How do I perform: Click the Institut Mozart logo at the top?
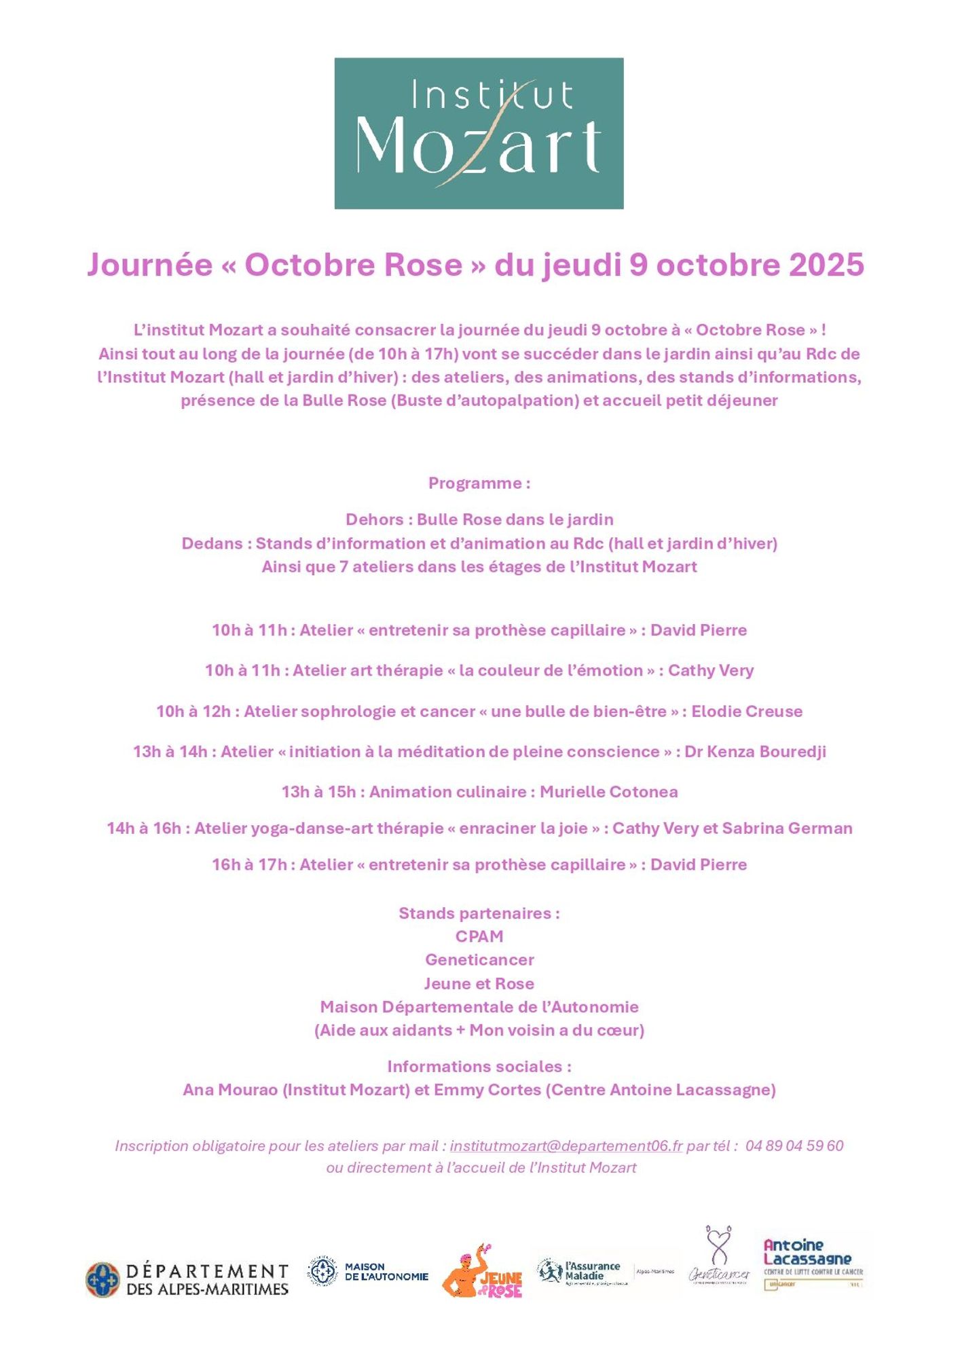coord(479,133)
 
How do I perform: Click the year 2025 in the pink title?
coord(826,265)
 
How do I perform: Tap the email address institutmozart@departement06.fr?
coord(566,1145)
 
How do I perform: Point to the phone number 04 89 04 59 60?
coord(794,1145)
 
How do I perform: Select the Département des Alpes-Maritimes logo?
coord(187,1279)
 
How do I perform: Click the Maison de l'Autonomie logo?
coord(368,1272)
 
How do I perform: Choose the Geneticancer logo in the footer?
coord(719,1258)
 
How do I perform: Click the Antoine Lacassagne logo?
coord(813,1264)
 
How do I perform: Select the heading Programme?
coord(479,483)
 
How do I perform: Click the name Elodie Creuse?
coord(747,712)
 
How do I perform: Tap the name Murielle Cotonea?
coord(608,792)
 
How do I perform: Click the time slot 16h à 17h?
coord(249,865)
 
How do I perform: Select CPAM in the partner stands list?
coord(479,936)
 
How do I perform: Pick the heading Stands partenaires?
coord(479,913)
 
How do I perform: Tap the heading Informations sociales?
coord(479,1067)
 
